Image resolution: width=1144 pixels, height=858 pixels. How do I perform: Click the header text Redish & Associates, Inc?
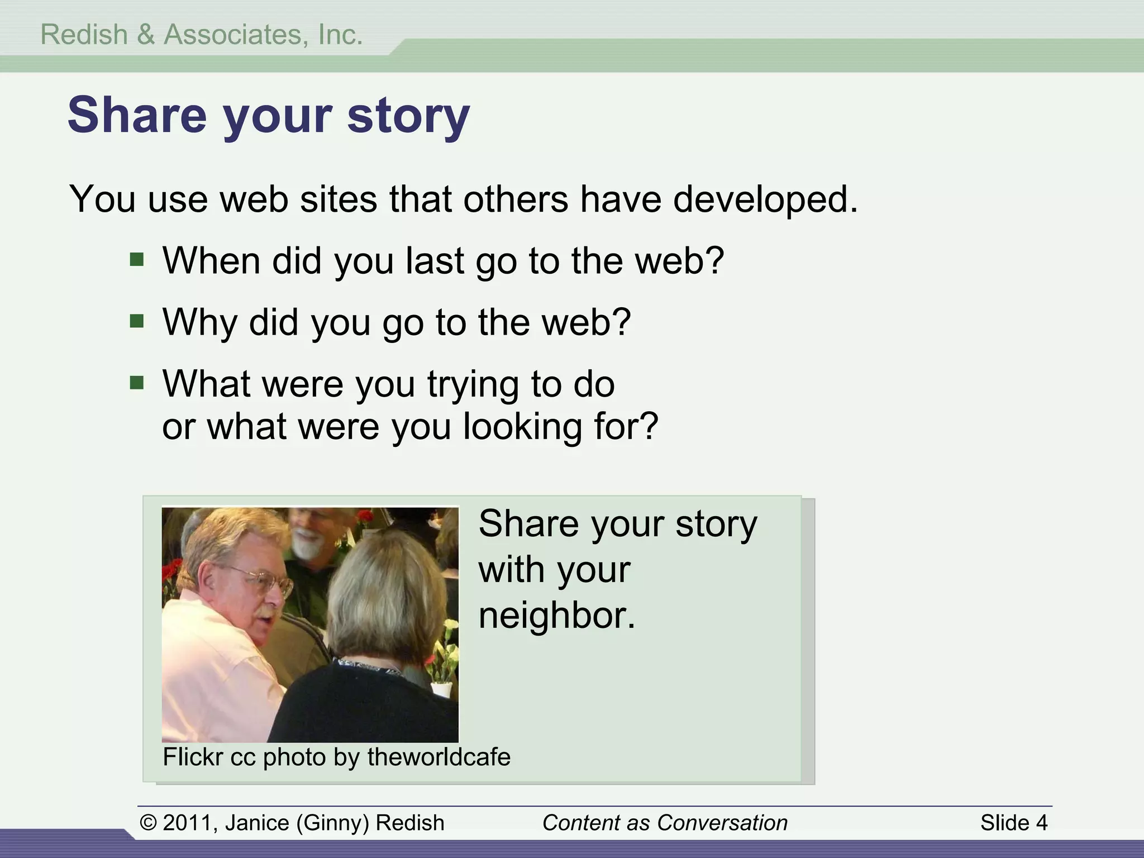[x=202, y=35]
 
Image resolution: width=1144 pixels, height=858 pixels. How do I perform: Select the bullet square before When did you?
[x=137, y=259]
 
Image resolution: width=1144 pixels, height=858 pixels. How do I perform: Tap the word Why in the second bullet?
[x=199, y=322]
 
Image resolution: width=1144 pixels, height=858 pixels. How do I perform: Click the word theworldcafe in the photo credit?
[x=438, y=757]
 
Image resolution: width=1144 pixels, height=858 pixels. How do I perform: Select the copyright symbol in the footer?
[x=148, y=823]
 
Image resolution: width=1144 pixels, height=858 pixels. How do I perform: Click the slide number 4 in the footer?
[x=1041, y=823]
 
